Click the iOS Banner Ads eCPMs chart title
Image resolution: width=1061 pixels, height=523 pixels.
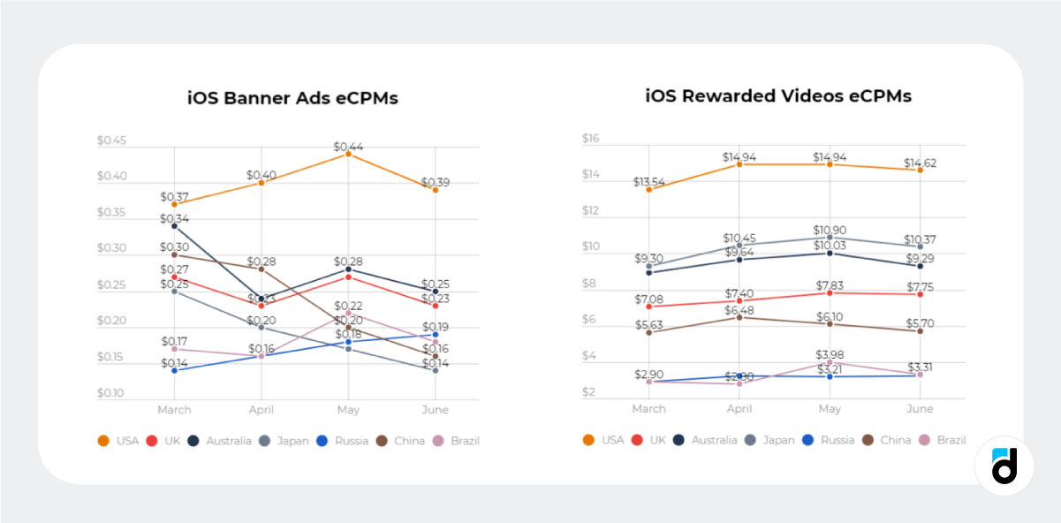tap(292, 98)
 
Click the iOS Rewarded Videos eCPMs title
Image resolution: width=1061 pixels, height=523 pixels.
tap(778, 95)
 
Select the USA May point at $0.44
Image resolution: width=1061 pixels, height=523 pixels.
tap(348, 154)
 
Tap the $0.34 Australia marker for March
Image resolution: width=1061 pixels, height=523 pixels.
tap(174, 226)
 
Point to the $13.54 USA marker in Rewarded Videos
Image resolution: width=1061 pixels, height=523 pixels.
tap(649, 189)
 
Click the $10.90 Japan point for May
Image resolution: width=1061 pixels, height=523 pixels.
tap(830, 238)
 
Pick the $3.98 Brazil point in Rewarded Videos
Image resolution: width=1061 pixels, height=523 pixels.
tap(830, 362)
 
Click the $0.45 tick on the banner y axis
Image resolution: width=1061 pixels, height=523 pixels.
tap(111, 140)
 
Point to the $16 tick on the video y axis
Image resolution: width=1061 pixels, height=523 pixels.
tap(590, 139)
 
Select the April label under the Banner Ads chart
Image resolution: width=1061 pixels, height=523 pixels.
tap(261, 410)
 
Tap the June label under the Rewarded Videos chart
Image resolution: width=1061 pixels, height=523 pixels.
tap(920, 409)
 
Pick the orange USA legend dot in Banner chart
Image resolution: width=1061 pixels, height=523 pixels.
tap(103, 441)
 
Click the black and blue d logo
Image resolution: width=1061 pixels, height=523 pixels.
tap(1004, 466)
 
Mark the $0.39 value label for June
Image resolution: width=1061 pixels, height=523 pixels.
tap(435, 183)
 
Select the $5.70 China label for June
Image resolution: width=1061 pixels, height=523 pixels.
tap(920, 324)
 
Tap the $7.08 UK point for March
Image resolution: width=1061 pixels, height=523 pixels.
tap(649, 307)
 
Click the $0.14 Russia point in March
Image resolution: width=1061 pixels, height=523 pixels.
tap(174, 370)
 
